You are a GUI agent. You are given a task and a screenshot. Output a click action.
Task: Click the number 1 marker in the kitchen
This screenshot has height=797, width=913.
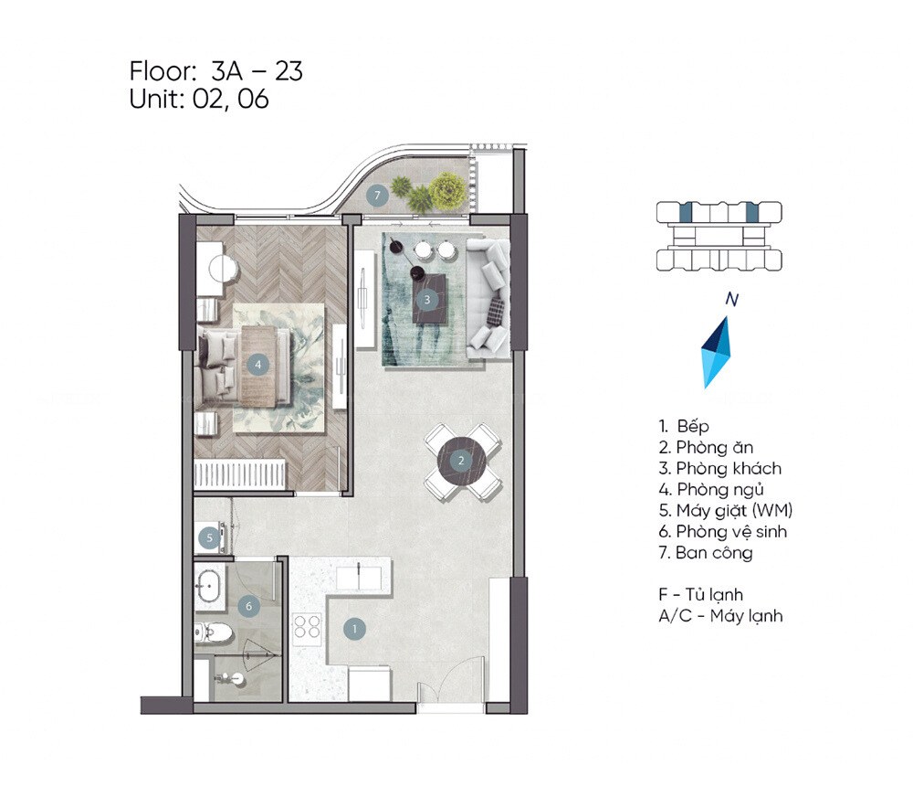pos(353,628)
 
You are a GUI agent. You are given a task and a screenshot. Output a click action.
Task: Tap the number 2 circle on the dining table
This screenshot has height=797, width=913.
pos(462,460)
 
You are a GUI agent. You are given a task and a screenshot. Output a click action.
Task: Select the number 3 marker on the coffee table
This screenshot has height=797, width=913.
pos(426,299)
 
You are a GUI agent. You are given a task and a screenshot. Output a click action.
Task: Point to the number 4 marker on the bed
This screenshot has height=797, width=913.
pos(258,364)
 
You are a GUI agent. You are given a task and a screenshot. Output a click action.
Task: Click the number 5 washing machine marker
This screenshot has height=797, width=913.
pos(209,538)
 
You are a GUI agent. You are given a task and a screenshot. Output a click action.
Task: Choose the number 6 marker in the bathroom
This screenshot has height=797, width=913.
pos(246,605)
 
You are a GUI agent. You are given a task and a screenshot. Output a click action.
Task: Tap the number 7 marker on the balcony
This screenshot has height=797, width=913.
pos(375,195)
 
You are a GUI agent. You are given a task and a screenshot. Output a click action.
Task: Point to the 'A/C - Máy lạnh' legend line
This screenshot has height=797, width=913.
pos(720,616)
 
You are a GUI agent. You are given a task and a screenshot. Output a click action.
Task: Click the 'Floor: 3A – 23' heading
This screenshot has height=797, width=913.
pos(216,70)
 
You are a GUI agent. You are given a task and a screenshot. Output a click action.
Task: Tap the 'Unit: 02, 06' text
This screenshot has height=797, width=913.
pos(199,100)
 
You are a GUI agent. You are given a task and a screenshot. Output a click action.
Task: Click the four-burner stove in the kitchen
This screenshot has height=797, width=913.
pos(307,626)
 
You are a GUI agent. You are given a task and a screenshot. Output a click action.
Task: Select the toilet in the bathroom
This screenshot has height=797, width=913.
pos(212,632)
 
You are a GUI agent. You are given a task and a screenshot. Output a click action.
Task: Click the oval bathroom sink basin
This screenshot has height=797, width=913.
pos(209,584)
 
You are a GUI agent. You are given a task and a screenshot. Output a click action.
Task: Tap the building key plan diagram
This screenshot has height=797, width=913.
pos(719,237)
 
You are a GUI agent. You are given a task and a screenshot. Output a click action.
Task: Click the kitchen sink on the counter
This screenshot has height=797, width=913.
pos(360,578)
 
